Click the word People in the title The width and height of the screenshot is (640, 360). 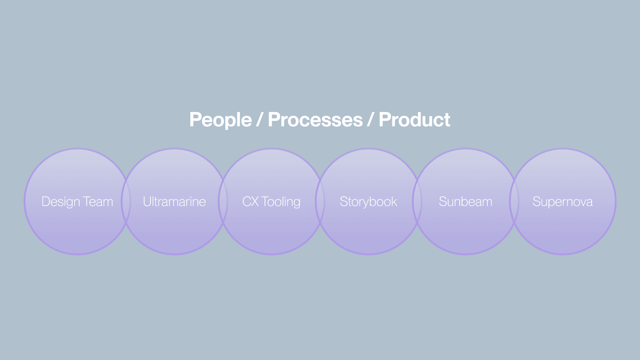220,120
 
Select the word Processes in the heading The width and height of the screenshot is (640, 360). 315,120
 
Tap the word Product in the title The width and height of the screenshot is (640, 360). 414,120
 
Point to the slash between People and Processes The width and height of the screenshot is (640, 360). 260,120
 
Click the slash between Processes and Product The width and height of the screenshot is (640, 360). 371,120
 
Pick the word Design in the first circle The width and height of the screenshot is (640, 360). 61,202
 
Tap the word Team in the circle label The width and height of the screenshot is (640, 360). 98,202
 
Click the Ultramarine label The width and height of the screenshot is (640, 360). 174,202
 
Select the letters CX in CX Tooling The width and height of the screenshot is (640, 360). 250,202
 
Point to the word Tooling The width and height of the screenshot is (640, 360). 281,202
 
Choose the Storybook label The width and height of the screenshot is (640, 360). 368,202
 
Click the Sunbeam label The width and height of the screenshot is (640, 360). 465,202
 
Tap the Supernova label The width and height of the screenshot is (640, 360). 562,202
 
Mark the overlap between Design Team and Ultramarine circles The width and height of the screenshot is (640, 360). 126,202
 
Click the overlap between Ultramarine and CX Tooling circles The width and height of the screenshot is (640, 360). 223,202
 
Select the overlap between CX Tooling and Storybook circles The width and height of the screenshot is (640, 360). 320,202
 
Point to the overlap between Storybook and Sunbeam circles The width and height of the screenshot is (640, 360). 417,202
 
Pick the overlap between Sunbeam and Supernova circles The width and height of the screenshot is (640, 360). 514,202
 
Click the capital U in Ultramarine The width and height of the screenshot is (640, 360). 147,202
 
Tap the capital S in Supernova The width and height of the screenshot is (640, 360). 536,202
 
